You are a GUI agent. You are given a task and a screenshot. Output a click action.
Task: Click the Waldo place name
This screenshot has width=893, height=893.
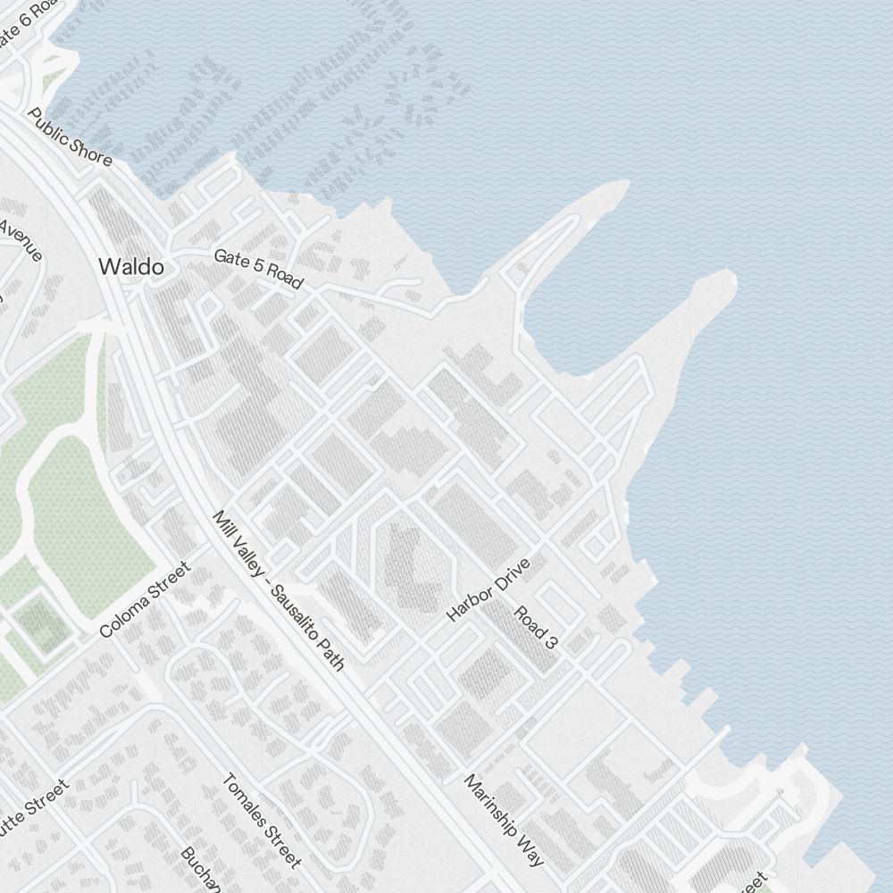pos(131,266)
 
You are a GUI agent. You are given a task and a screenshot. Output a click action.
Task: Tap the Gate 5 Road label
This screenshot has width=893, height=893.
pos(258,269)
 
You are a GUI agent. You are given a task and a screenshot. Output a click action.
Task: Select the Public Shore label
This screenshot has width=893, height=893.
pos(71,138)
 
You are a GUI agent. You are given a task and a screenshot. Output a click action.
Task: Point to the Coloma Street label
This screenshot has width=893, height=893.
pos(145,599)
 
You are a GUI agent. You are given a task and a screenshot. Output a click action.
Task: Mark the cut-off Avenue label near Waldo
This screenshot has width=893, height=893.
pos(20,239)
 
